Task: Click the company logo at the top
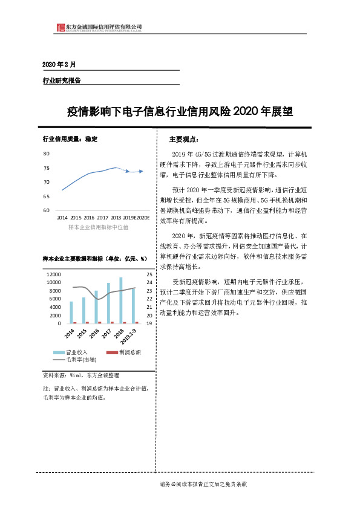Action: click(60, 27)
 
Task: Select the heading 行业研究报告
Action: click(61, 80)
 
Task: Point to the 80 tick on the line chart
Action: click(47, 154)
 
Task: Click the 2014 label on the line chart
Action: click(62, 216)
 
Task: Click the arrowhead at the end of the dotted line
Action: click(141, 171)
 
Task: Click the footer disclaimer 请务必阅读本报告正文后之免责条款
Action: click(203, 485)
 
